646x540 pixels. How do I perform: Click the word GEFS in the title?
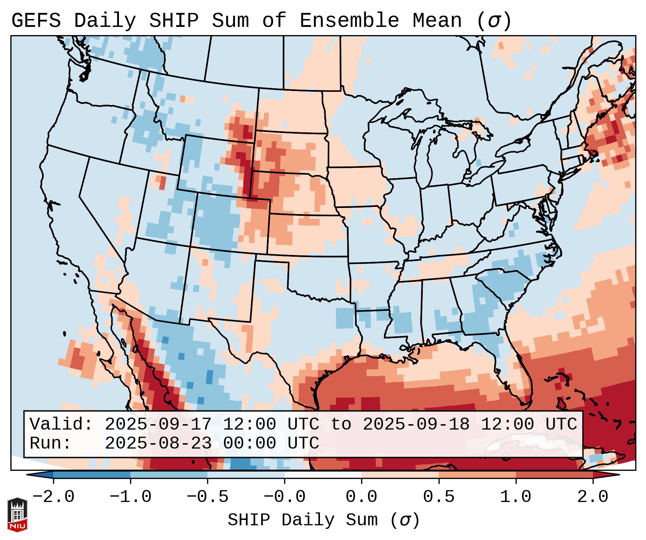(36, 20)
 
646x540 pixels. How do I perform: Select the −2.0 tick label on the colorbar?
(53, 497)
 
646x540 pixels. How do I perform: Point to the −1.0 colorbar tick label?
(130, 497)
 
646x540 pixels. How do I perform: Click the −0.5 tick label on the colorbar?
(207, 497)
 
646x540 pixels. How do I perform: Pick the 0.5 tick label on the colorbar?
(439, 497)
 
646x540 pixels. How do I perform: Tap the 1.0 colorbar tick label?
(516, 497)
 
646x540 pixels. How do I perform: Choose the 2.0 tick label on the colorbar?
(593, 497)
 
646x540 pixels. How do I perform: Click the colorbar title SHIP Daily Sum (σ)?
(323, 520)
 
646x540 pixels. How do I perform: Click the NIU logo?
(17, 515)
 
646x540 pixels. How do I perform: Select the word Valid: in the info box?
(61, 424)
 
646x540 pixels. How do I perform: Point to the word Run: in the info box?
(51, 443)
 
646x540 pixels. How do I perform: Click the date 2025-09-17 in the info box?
(158, 424)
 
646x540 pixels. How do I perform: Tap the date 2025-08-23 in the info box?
(158, 443)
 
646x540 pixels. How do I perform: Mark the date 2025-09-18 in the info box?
(416, 424)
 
